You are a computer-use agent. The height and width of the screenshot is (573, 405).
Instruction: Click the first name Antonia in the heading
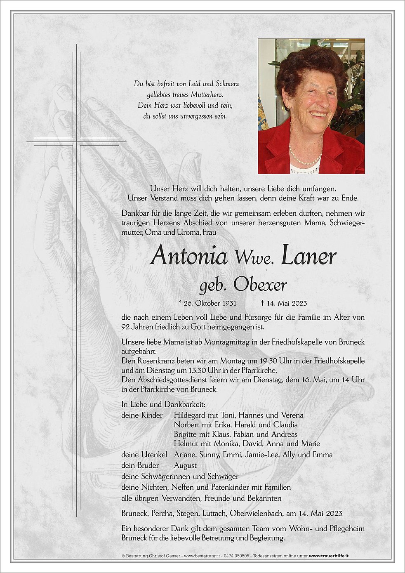189,256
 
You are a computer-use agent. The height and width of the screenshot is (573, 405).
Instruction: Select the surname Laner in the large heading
308,256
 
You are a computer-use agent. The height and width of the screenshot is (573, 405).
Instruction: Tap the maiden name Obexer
260,285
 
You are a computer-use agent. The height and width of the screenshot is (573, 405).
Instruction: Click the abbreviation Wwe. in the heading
254,258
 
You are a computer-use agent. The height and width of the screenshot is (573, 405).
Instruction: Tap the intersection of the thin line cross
76,141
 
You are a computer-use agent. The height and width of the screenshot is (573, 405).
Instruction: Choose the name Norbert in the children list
188,425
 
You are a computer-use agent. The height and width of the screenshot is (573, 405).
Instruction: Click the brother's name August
185,465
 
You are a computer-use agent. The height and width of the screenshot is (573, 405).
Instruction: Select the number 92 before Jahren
126,327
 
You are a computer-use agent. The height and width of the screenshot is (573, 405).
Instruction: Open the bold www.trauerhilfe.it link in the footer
329,556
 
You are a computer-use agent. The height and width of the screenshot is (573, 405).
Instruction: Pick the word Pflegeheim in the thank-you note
346,528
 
